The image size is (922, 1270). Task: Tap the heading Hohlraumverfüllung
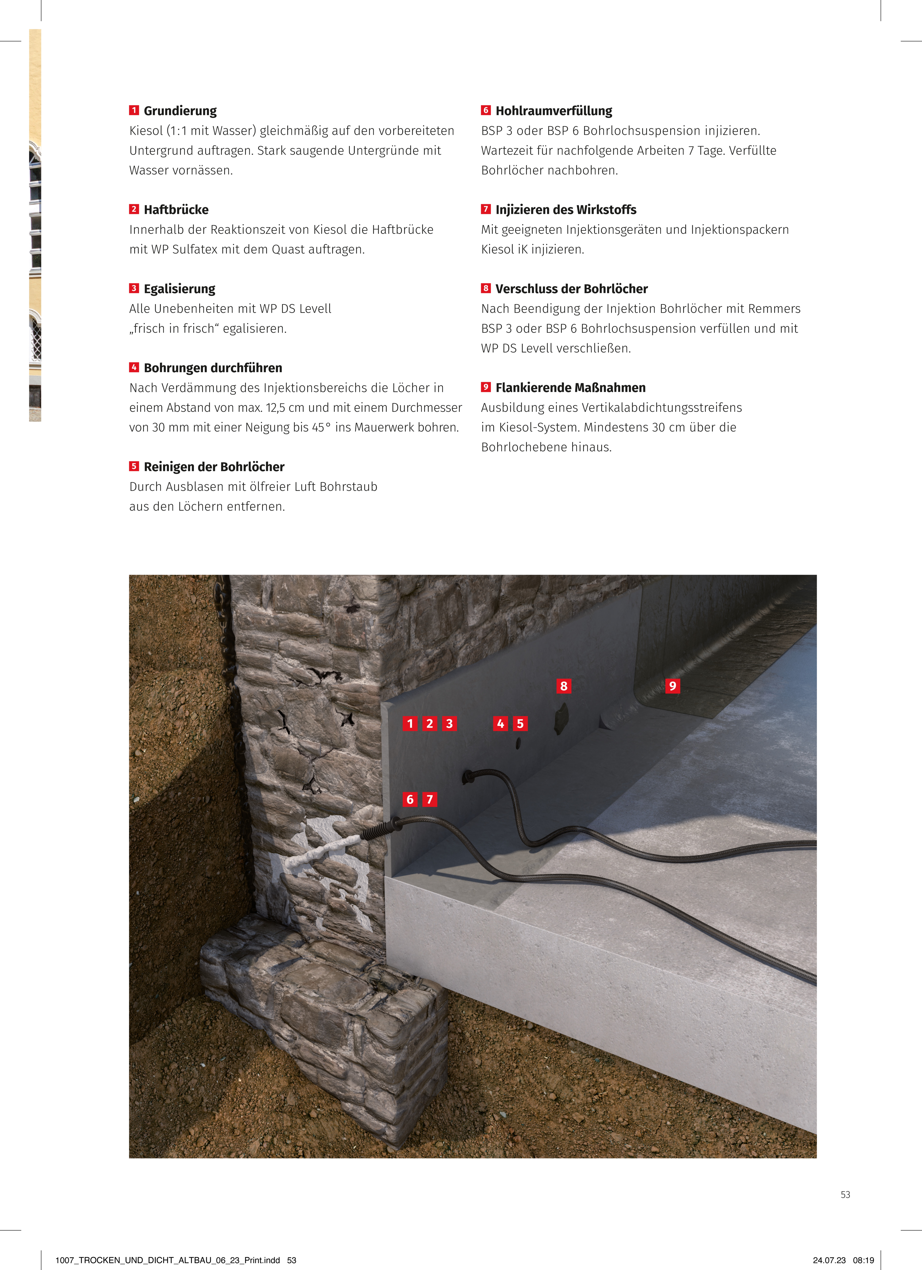point(554,111)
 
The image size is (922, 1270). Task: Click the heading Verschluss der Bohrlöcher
point(572,289)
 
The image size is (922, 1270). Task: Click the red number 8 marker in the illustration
point(564,686)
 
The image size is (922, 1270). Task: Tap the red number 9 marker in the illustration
point(672,686)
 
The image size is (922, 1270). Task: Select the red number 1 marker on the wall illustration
point(410,724)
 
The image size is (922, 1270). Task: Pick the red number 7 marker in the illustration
point(429,799)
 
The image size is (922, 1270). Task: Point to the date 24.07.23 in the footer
point(829,1260)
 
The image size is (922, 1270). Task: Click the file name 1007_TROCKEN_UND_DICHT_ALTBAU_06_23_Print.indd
point(167,1260)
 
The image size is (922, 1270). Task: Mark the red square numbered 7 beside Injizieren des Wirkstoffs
point(485,209)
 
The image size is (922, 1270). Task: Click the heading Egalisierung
point(179,289)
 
